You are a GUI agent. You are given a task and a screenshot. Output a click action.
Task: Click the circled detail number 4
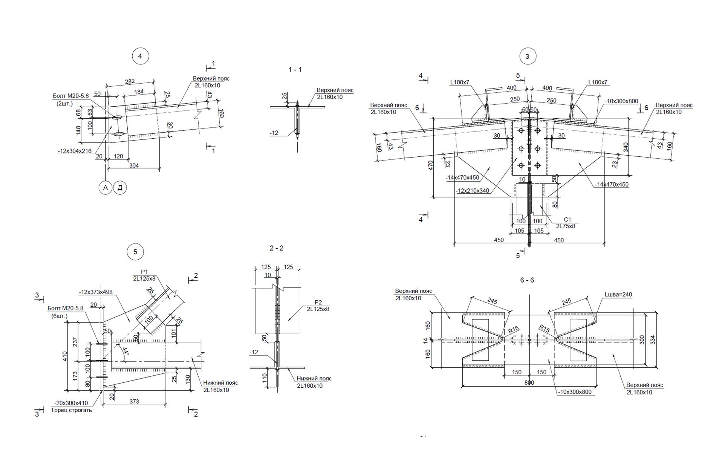(140, 56)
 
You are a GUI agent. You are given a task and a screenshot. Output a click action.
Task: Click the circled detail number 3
(527, 57)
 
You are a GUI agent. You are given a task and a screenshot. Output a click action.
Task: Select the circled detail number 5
(135, 252)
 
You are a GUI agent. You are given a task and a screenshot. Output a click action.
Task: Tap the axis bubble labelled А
(106, 188)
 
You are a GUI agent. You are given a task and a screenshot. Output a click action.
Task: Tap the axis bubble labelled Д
(120, 188)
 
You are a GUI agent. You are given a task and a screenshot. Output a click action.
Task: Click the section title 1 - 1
(295, 70)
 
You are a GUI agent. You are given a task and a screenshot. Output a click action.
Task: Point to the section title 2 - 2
(277, 248)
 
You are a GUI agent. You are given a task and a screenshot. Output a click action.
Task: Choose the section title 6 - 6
(527, 280)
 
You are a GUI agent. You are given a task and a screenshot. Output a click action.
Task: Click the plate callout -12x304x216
(75, 151)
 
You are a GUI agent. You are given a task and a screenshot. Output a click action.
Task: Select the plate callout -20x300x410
(71, 403)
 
